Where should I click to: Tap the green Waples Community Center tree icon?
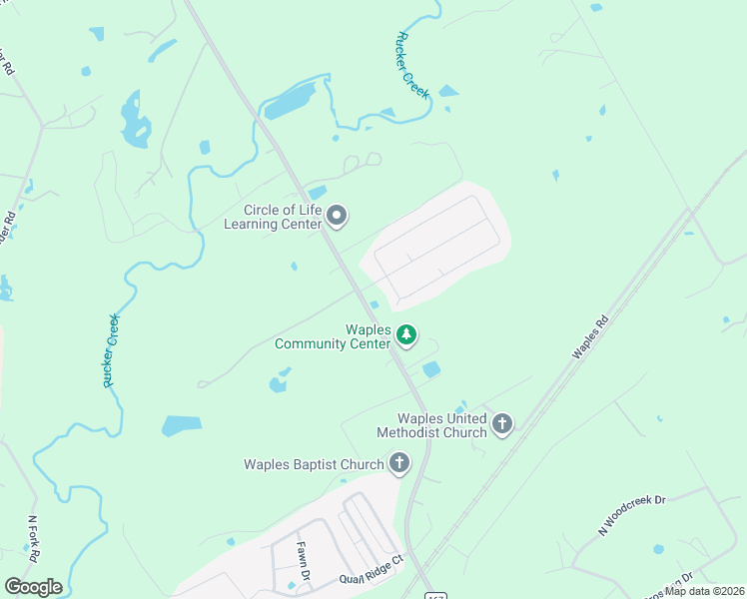pos(405,335)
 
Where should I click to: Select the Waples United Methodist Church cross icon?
pos(502,425)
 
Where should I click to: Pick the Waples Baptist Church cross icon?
pos(398,463)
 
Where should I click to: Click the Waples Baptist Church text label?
pos(314,464)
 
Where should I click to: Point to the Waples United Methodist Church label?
pos(431,425)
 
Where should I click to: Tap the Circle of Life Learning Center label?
pos(284,217)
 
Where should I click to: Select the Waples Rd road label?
pos(590,338)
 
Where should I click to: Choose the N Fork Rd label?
pos(33,536)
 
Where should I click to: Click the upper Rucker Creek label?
pos(411,64)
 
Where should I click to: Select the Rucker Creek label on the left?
pos(111,349)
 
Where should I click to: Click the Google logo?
pos(33,587)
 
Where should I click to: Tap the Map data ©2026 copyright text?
pos(704,590)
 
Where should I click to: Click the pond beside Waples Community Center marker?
pos(430,369)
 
